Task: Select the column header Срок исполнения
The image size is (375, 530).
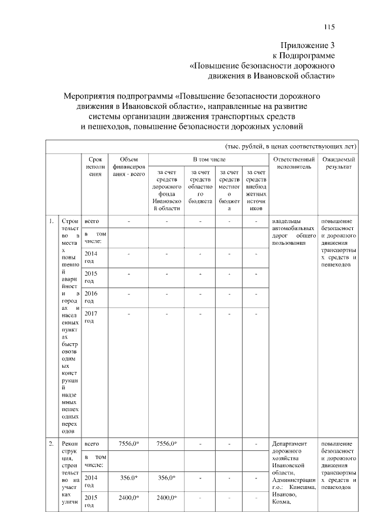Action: (95, 169)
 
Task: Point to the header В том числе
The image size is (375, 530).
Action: (209, 159)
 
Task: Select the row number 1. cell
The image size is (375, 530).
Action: (52, 221)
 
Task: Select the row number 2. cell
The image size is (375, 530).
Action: (52, 444)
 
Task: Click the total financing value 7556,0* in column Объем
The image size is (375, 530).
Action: (128, 444)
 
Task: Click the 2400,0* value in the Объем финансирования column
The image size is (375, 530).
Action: (128, 498)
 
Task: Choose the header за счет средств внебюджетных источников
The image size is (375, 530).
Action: (257, 190)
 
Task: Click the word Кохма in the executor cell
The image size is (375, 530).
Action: (282, 502)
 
